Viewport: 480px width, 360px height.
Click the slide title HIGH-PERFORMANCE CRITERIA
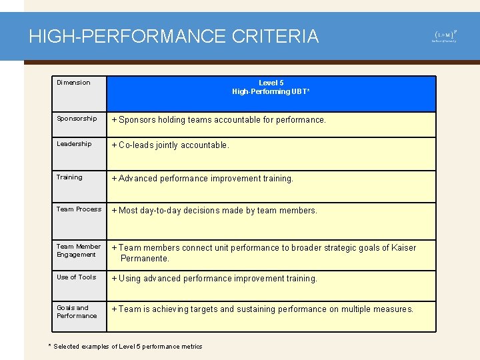pos(174,36)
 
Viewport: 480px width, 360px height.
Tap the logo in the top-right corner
pos(445,35)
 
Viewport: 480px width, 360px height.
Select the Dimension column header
pos(73,83)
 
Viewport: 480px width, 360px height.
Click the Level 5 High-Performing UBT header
pos(271,87)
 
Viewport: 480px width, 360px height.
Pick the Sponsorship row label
pos(77,119)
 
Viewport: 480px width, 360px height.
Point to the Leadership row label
pos(74,144)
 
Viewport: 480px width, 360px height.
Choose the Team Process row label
pos(79,209)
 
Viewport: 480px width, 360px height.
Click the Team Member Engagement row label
pos(78,251)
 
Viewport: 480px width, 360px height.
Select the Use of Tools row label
pos(76,277)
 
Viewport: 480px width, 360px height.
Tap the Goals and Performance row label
pos(76,312)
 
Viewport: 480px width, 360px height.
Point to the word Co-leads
pos(136,145)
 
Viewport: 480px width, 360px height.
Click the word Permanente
pos(145,259)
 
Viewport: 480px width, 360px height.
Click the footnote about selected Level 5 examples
pos(125,346)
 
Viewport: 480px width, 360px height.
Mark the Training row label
pos(69,177)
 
